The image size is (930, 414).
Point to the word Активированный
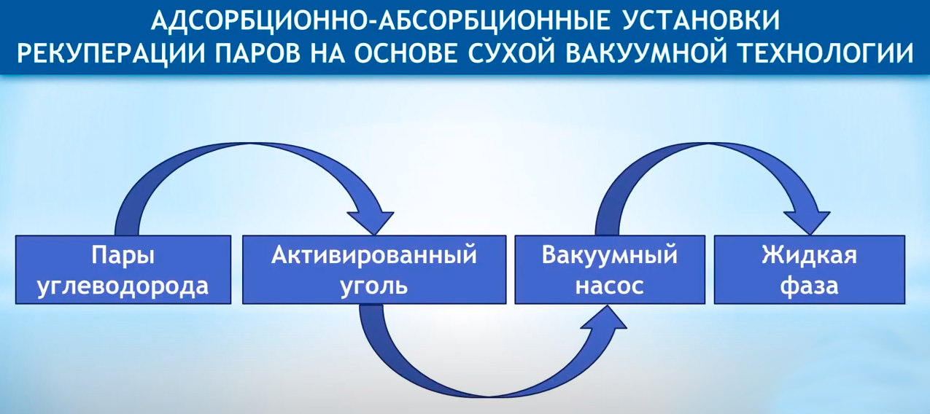pyautogui.click(x=374, y=254)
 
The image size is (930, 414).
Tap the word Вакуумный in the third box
pyautogui.click(x=610, y=256)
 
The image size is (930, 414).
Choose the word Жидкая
pyautogui.click(x=809, y=255)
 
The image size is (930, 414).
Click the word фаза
pyautogui.click(x=809, y=286)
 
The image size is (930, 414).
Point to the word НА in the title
pyautogui.click(x=328, y=52)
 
